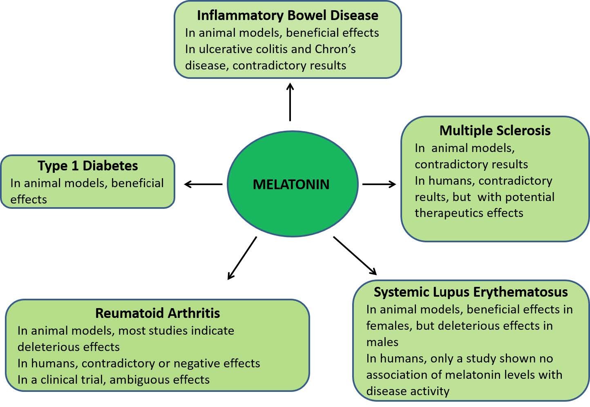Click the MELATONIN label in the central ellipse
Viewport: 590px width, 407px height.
(x=291, y=184)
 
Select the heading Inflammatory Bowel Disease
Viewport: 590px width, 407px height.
(x=288, y=15)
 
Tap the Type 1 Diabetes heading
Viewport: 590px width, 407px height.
(x=88, y=166)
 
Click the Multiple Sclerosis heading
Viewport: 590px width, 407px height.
(x=495, y=130)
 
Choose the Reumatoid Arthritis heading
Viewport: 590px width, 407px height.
(x=157, y=313)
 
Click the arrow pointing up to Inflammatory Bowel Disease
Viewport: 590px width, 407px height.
(x=290, y=102)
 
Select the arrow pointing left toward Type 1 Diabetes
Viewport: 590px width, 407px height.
(x=203, y=184)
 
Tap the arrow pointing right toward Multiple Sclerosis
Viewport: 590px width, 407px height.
(x=379, y=184)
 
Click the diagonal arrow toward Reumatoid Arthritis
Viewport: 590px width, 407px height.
(x=242, y=258)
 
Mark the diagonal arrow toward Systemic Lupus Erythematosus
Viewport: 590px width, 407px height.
(x=355, y=256)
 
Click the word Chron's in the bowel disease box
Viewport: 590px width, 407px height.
(x=335, y=49)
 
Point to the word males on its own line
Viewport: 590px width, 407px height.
(x=382, y=342)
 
